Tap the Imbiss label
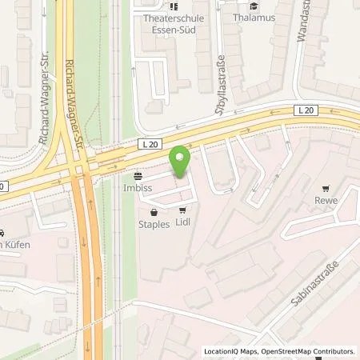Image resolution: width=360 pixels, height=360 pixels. tap(137, 191)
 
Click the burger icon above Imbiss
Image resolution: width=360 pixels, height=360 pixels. tap(138, 177)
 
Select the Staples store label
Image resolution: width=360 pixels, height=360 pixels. tap(153, 226)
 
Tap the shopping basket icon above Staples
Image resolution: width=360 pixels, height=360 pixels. tap(154, 212)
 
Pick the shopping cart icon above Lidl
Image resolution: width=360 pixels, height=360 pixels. tap(183, 211)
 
